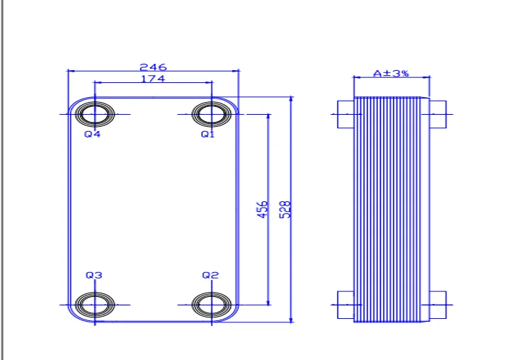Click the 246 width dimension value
coord(153,67)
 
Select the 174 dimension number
coord(153,79)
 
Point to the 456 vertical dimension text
coord(263,209)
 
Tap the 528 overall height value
coord(285,210)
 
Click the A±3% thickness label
coord(391,73)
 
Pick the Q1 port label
coord(208,134)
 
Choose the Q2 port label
coord(210,275)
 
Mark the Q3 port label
coord(93,275)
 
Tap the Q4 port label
coord(92,134)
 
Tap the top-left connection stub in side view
coord(346,114)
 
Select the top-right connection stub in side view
coord(438,114)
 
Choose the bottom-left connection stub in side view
coord(346,305)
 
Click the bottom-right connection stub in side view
coord(438,305)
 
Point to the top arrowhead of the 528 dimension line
coord(291,99)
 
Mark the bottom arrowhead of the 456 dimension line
coord(268,303)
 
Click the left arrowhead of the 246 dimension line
coord(71,71)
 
